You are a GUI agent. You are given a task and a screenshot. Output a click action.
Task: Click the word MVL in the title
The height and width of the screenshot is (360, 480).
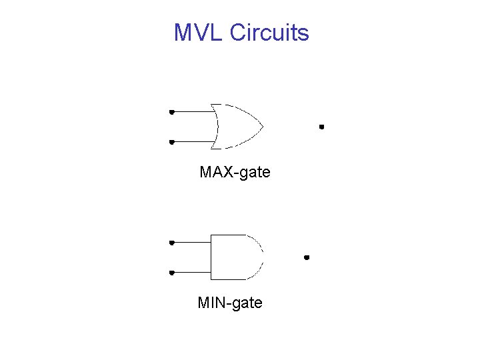198,33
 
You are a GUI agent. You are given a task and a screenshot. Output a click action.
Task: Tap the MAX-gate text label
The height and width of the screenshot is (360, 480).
235,172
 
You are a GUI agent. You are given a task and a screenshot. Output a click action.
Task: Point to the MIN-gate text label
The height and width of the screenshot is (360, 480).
230,303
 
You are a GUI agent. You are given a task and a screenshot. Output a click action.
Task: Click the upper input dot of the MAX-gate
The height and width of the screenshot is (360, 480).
171,112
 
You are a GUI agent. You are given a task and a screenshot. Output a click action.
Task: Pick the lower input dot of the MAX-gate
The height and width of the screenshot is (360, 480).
171,141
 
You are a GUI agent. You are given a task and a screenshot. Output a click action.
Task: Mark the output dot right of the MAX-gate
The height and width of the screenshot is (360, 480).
321,126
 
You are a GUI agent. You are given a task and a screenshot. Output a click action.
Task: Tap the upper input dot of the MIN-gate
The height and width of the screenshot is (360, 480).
171,243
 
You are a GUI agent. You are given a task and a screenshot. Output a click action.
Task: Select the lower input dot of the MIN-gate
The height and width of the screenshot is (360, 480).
171,272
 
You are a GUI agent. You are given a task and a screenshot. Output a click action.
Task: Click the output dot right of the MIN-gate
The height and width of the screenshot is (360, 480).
307,257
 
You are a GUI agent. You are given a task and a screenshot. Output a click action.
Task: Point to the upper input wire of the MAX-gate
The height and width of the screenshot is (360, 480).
193,112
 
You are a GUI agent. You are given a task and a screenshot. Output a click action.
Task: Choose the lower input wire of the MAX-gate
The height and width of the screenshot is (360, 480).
193,141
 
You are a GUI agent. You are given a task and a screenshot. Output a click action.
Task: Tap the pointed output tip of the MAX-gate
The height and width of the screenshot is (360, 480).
263,126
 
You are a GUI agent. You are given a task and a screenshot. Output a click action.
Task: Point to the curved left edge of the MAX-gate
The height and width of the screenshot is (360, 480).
217,126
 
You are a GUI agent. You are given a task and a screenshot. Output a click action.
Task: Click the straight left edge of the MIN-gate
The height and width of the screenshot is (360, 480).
211,257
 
